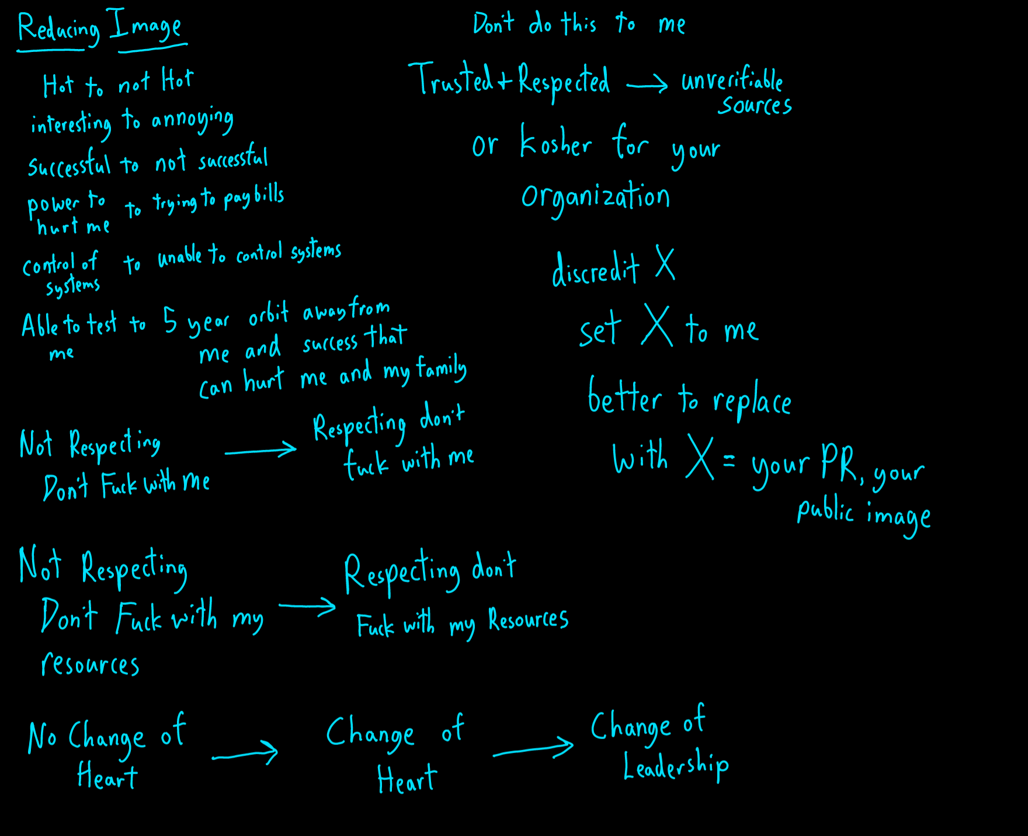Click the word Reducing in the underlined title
(58, 29)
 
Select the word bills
(269, 194)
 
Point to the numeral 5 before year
(170, 320)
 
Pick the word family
(442, 369)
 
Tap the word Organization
(595, 197)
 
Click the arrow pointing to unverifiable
(647, 85)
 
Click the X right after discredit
(665, 263)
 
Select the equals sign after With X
(729, 461)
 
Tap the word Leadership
(676, 767)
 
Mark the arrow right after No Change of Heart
(245, 754)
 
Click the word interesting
(71, 124)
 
